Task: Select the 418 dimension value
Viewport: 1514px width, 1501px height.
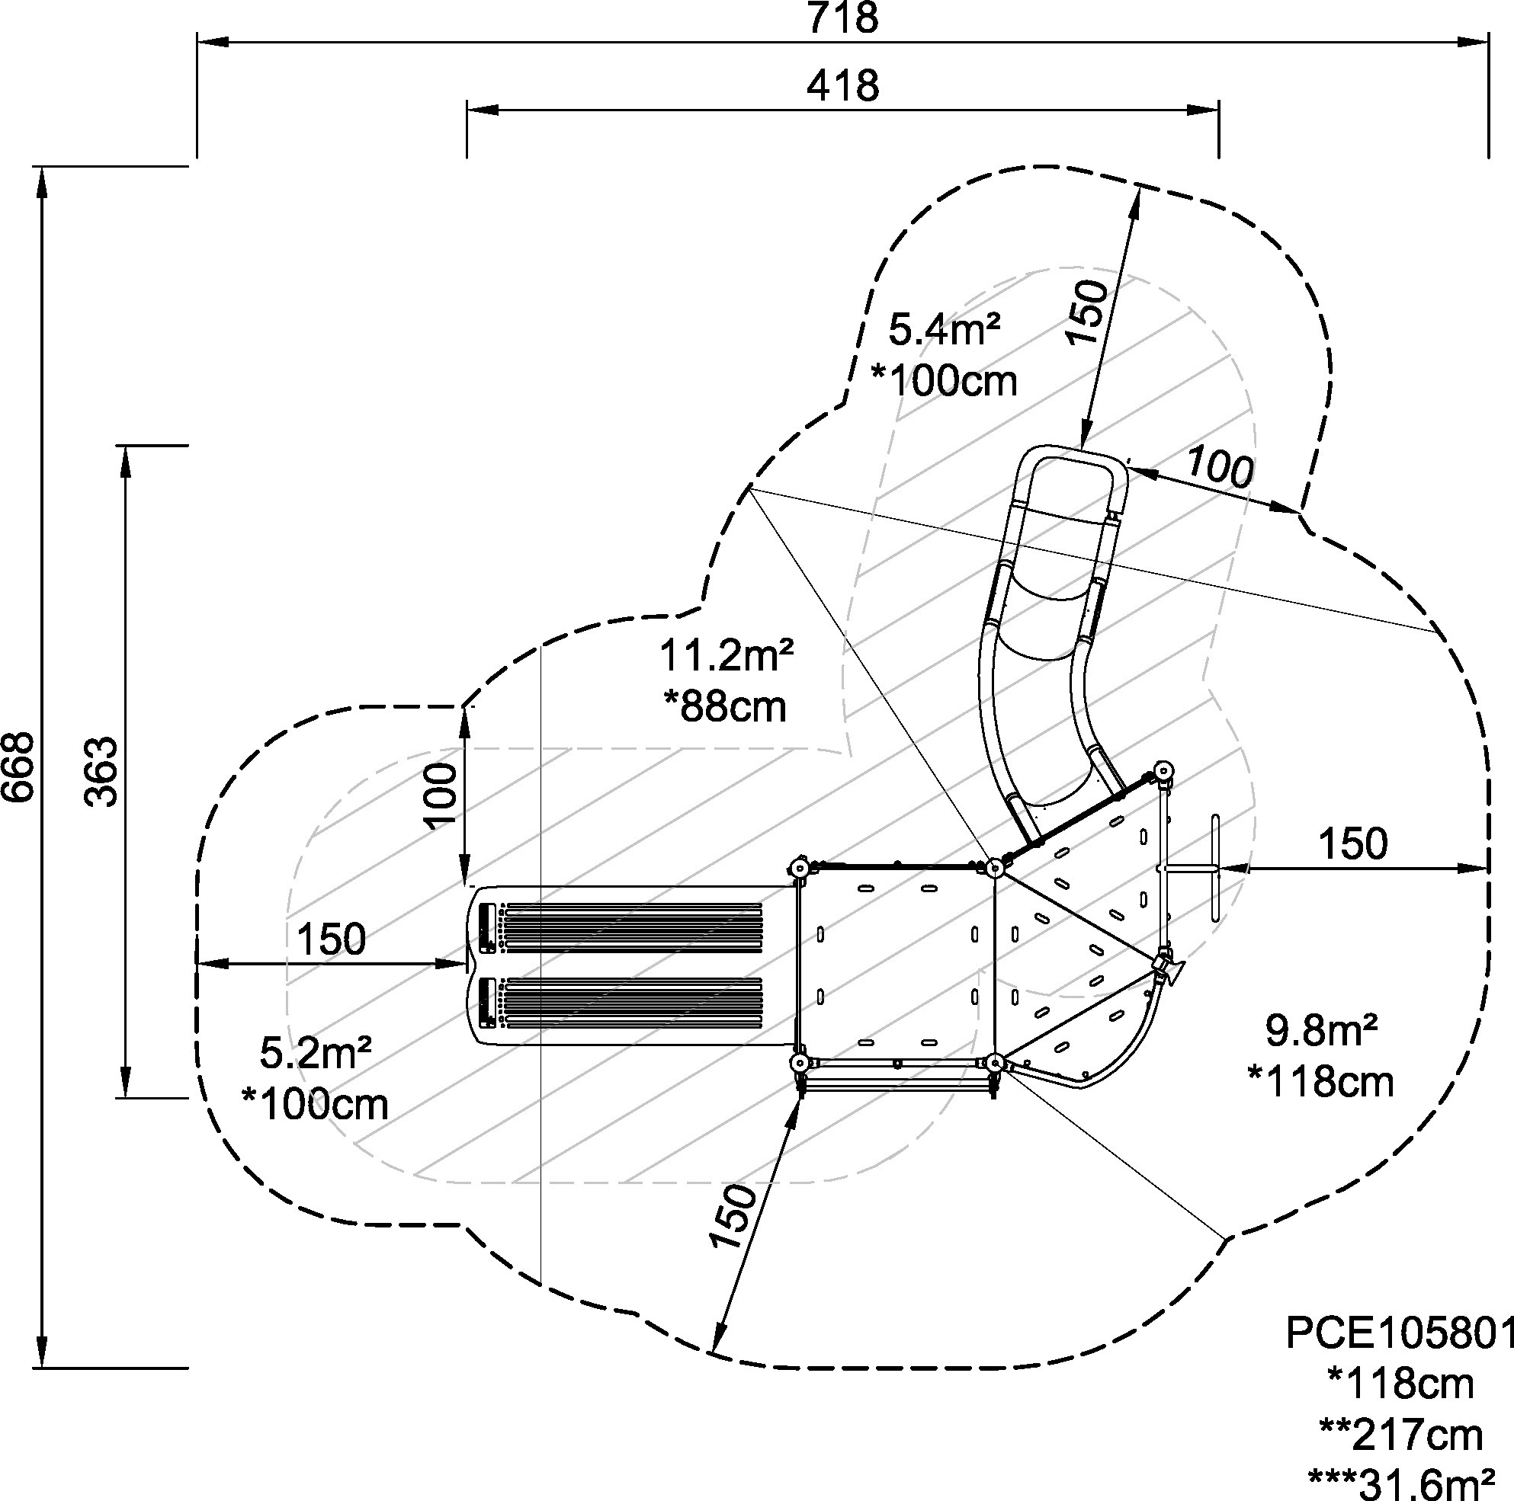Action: pyautogui.click(x=842, y=85)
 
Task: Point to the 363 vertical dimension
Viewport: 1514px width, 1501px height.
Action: pyautogui.click(x=102, y=771)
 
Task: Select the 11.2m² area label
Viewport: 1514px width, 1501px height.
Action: pyautogui.click(x=726, y=655)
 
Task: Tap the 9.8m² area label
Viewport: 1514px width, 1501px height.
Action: pyautogui.click(x=1321, y=1030)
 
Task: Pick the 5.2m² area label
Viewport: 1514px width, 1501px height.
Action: pyautogui.click(x=315, y=1053)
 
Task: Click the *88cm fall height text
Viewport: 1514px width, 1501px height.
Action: pyautogui.click(x=725, y=706)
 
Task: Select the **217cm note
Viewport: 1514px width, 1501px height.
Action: pyautogui.click(x=1400, y=1435)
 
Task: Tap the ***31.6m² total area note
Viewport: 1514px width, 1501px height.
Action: pyautogui.click(x=1400, y=1483)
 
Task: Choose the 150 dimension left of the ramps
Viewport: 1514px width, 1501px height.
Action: pyautogui.click(x=331, y=938)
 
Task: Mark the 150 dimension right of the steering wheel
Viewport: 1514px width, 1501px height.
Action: pyautogui.click(x=1352, y=843)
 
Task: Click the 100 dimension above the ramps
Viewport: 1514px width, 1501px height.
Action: pyautogui.click(x=443, y=795)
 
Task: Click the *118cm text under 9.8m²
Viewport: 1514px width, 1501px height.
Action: pyautogui.click(x=1320, y=1082)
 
